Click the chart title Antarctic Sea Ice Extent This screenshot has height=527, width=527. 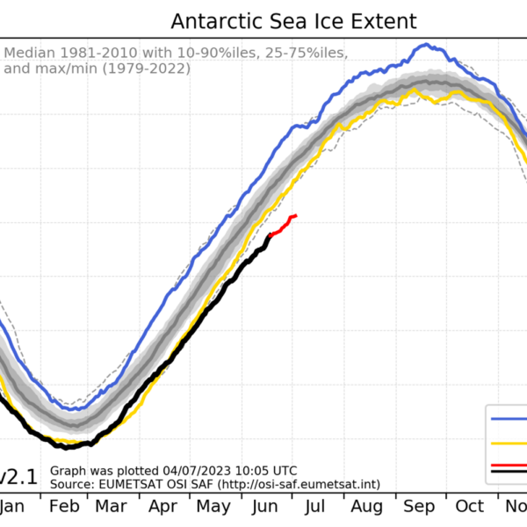[x=294, y=21]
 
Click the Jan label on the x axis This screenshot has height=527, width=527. [x=11, y=507]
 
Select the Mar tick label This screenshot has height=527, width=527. [x=112, y=507]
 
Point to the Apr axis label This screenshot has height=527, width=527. [x=164, y=507]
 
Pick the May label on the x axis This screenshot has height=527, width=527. [x=214, y=507]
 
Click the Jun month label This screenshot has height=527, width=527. [x=266, y=507]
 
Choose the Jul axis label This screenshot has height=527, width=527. [x=314, y=507]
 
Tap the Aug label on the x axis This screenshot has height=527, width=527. [x=367, y=507]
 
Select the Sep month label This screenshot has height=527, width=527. [x=419, y=507]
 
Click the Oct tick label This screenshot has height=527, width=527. [x=470, y=507]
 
